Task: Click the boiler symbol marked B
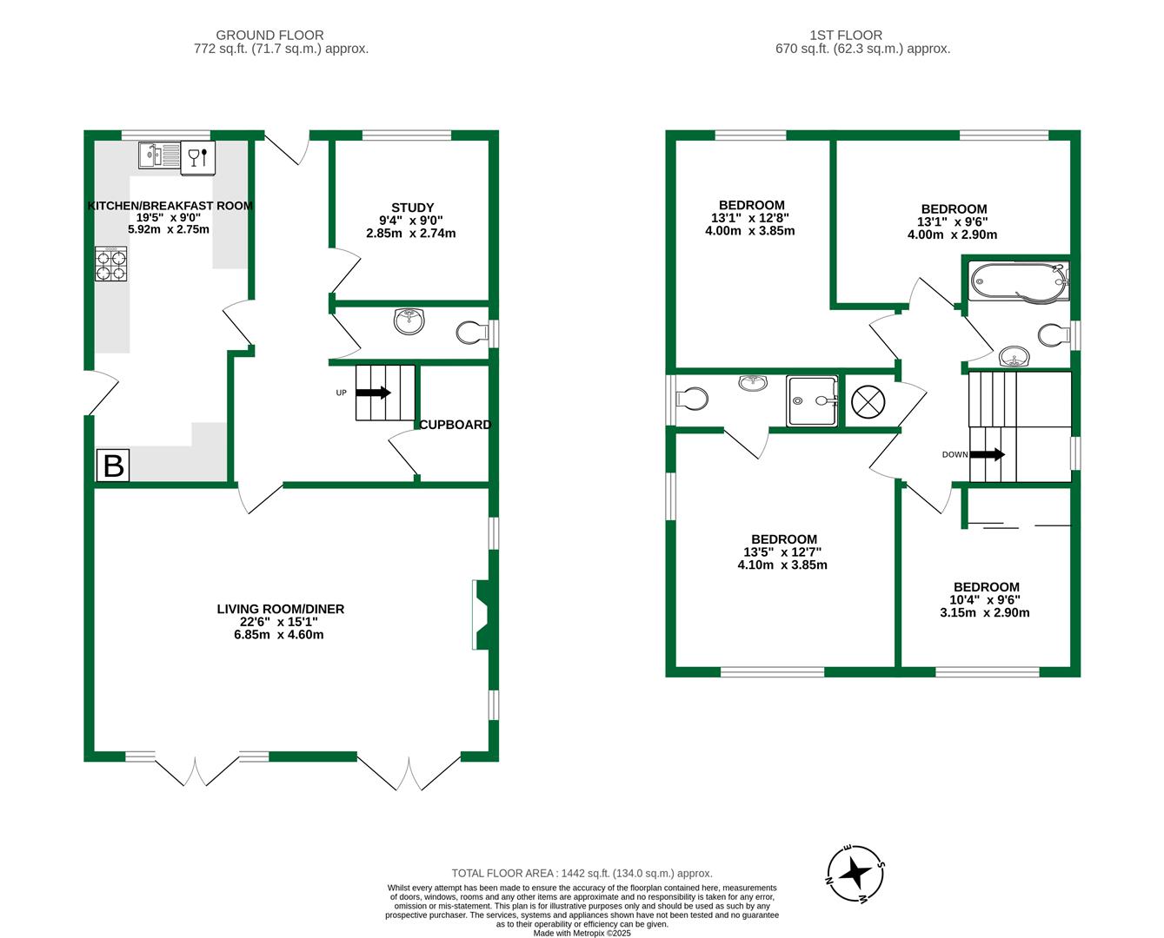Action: (x=113, y=466)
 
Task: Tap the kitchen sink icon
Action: (x=159, y=155)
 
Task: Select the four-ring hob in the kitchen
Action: (x=110, y=264)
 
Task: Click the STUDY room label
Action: (x=412, y=208)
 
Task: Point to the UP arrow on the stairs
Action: (x=373, y=393)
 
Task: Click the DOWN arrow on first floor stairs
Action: (x=987, y=454)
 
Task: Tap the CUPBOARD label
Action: (x=455, y=425)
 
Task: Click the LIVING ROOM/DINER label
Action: (x=280, y=609)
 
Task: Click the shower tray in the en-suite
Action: (x=812, y=401)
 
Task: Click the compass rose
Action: (x=856, y=872)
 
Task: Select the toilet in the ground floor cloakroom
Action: (x=472, y=333)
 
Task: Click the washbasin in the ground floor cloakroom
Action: (x=409, y=320)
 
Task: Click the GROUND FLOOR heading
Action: (x=269, y=36)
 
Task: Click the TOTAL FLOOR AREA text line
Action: (x=581, y=874)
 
